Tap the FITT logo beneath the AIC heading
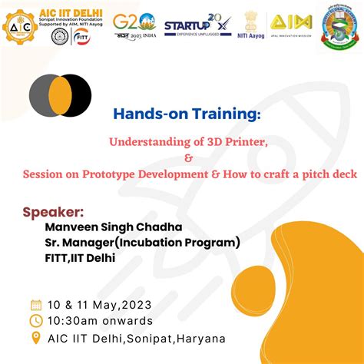(82, 38)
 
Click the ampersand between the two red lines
(188, 157)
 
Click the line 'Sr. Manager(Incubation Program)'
(142, 243)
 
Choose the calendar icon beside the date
(35, 304)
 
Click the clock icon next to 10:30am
(35, 321)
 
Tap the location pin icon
(35, 338)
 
